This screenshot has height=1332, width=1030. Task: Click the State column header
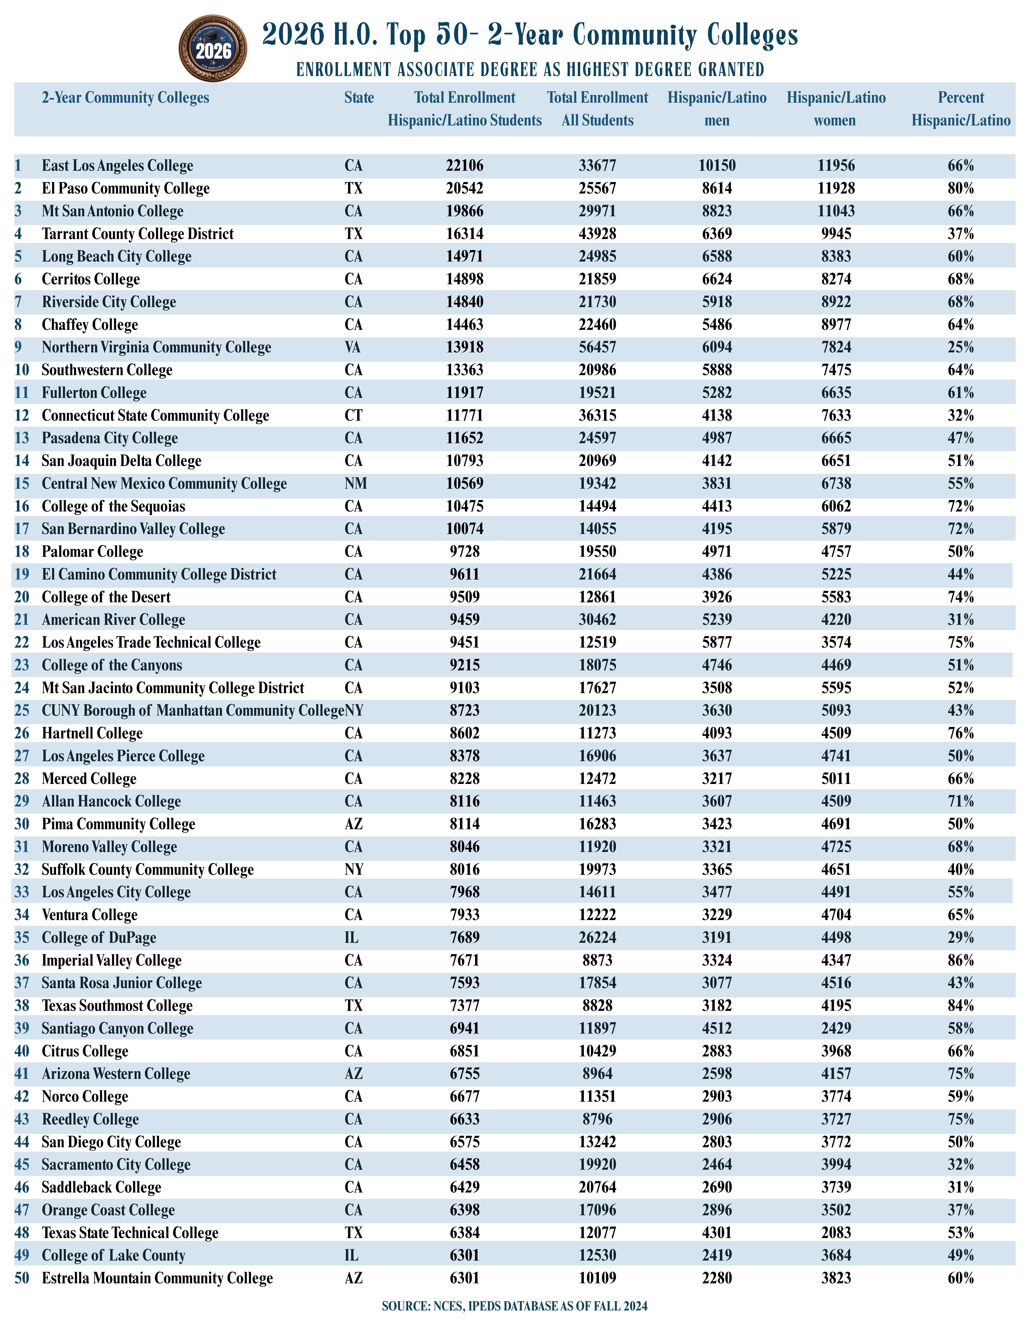359,98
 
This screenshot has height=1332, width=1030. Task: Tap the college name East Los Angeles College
117,165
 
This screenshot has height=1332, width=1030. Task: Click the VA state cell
353,347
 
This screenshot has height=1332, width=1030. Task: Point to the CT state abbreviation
353,415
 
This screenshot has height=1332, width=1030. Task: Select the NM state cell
355,484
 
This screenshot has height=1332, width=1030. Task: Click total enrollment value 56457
597,347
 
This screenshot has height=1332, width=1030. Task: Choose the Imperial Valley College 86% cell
960,960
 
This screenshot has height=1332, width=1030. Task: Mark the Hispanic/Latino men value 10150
717,165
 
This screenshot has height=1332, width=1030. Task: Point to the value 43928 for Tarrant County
597,234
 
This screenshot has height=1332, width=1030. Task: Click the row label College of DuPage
99,937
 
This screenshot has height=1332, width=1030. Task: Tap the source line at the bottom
514,1306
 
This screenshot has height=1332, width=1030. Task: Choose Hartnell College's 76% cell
960,733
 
